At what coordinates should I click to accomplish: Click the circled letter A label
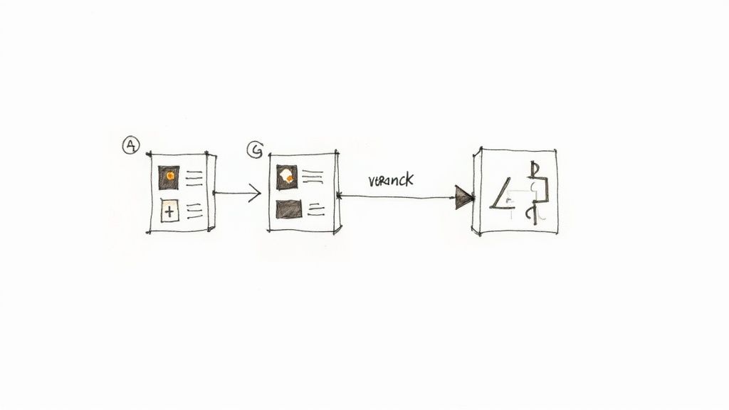click(x=131, y=146)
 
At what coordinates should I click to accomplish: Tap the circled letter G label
click(x=254, y=149)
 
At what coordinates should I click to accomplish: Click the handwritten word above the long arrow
click(x=391, y=180)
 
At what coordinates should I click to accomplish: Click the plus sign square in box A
click(x=169, y=211)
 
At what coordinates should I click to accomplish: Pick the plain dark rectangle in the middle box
click(x=289, y=209)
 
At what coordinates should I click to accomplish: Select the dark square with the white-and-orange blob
click(x=287, y=177)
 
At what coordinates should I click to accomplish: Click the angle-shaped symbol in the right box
click(x=503, y=194)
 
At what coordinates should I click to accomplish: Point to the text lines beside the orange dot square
click(x=194, y=178)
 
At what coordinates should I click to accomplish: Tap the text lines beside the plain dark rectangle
click(x=317, y=209)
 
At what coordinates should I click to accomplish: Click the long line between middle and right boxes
click(x=399, y=197)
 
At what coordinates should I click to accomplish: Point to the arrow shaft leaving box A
click(x=231, y=192)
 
